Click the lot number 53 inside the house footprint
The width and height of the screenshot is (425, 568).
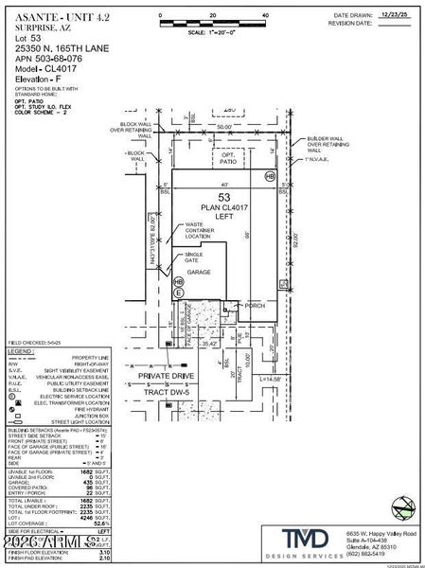click(x=222, y=196)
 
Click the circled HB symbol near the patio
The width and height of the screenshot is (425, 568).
click(x=269, y=176)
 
